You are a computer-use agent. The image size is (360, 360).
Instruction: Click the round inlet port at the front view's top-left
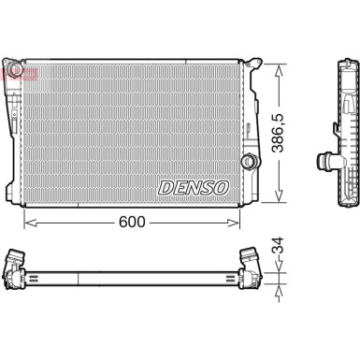[15, 68]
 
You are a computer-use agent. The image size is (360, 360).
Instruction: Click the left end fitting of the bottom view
[18, 266]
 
